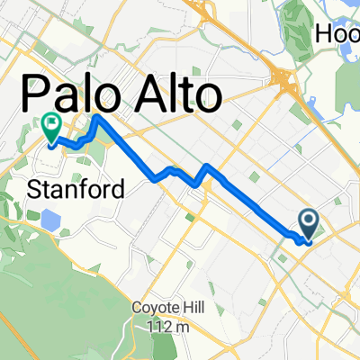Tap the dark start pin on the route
[x=309, y=222]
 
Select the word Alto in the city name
[x=171, y=94]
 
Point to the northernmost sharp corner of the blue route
[x=94, y=117]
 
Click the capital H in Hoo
[x=325, y=33]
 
